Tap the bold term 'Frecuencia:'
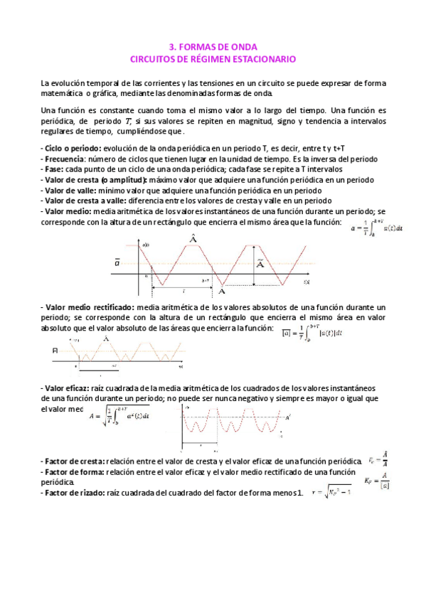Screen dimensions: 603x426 coord(65,159)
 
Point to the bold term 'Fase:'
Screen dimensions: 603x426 coord(53,169)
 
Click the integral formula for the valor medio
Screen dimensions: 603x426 coord(381,228)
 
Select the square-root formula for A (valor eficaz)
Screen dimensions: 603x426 coord(119,415)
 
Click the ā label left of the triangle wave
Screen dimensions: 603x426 coord(118,262)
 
